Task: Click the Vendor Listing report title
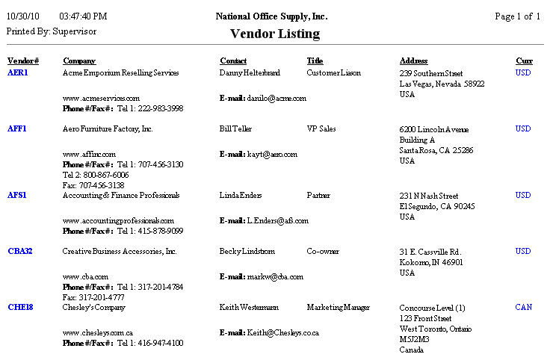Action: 274,34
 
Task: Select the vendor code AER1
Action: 18,73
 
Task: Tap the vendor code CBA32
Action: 20,252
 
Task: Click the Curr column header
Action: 524,60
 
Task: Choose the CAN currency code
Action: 524,307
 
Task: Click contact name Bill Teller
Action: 236,129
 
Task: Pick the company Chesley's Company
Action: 94,308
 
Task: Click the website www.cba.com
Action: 85,277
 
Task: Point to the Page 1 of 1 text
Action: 517,16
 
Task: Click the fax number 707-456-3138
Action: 93,185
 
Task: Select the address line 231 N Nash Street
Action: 429,196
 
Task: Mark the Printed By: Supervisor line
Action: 52,31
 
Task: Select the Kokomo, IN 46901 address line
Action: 431,263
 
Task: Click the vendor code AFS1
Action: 17,196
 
